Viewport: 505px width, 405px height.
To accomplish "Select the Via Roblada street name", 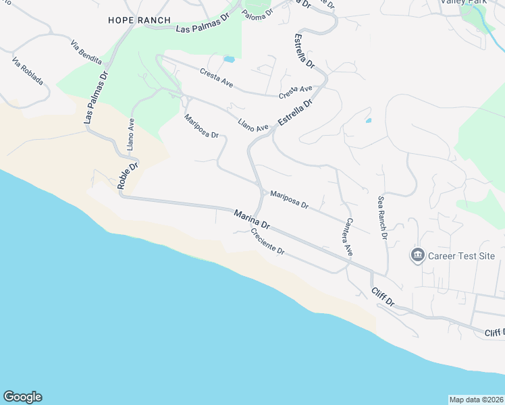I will pyautogui.click(x=28, y=71).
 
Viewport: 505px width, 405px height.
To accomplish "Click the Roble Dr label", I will pyautogui.click(x=128, y=175).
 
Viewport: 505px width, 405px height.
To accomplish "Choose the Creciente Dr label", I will pyautogui.click(x=268, y=241).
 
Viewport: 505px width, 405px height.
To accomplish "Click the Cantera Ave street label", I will pyautogui.click(x=348, y=237).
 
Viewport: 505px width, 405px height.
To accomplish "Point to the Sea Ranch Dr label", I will pyautogui.click(x=382, y=218).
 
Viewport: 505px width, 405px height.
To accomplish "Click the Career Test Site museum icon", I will pyautogui.click(x=417, y=255).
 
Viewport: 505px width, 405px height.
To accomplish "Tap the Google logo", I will pyautogui.click(x=22, y=397).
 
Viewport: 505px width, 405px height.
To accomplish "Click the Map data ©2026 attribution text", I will pyautogui.click(x=476, y=399).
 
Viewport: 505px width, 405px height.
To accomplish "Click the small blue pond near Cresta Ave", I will pyautogui.click(x=229, y=59).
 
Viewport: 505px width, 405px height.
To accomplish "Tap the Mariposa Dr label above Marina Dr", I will pyautogui.click(x=289, y=200).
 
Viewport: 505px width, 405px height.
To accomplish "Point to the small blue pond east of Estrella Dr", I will pyautogui.click(x=368, y=121).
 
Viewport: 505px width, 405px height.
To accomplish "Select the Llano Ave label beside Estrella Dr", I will pyautogui.click(x=253, y=124).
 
